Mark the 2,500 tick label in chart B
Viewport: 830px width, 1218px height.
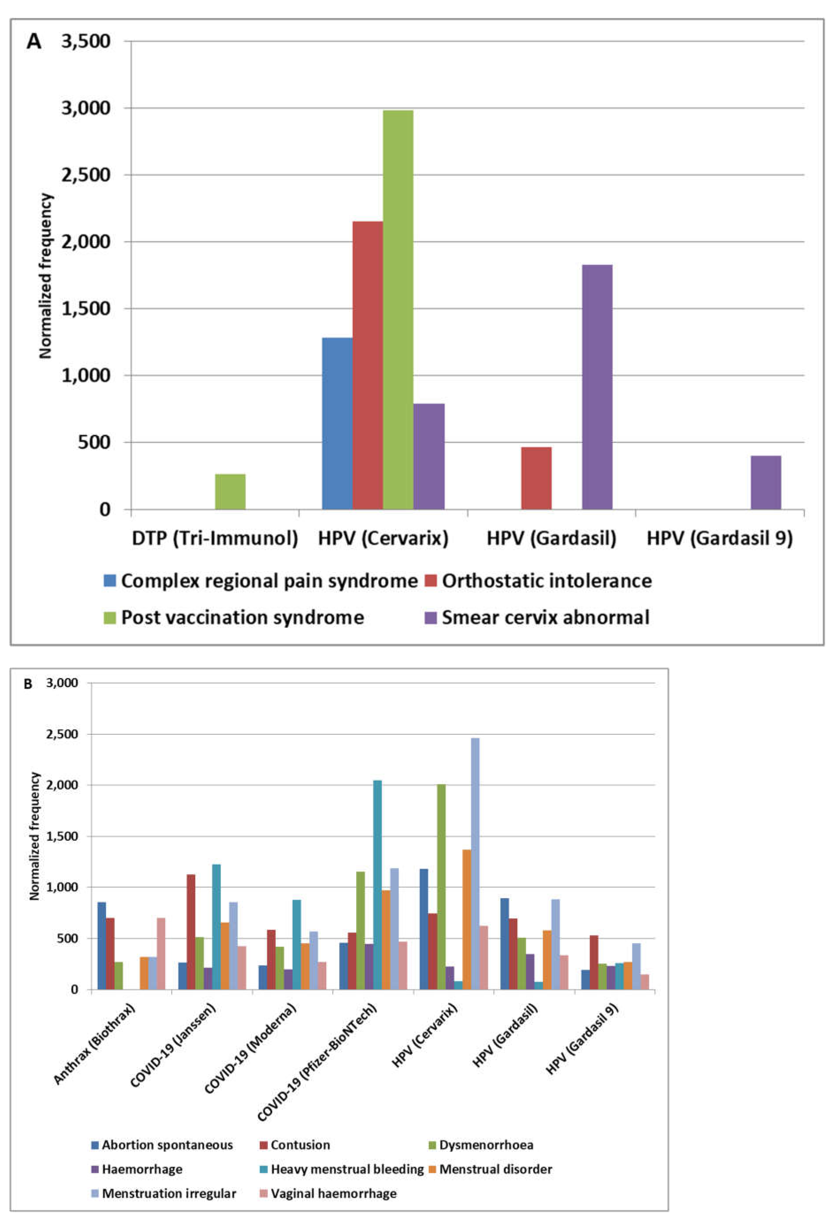pos(62,734)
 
